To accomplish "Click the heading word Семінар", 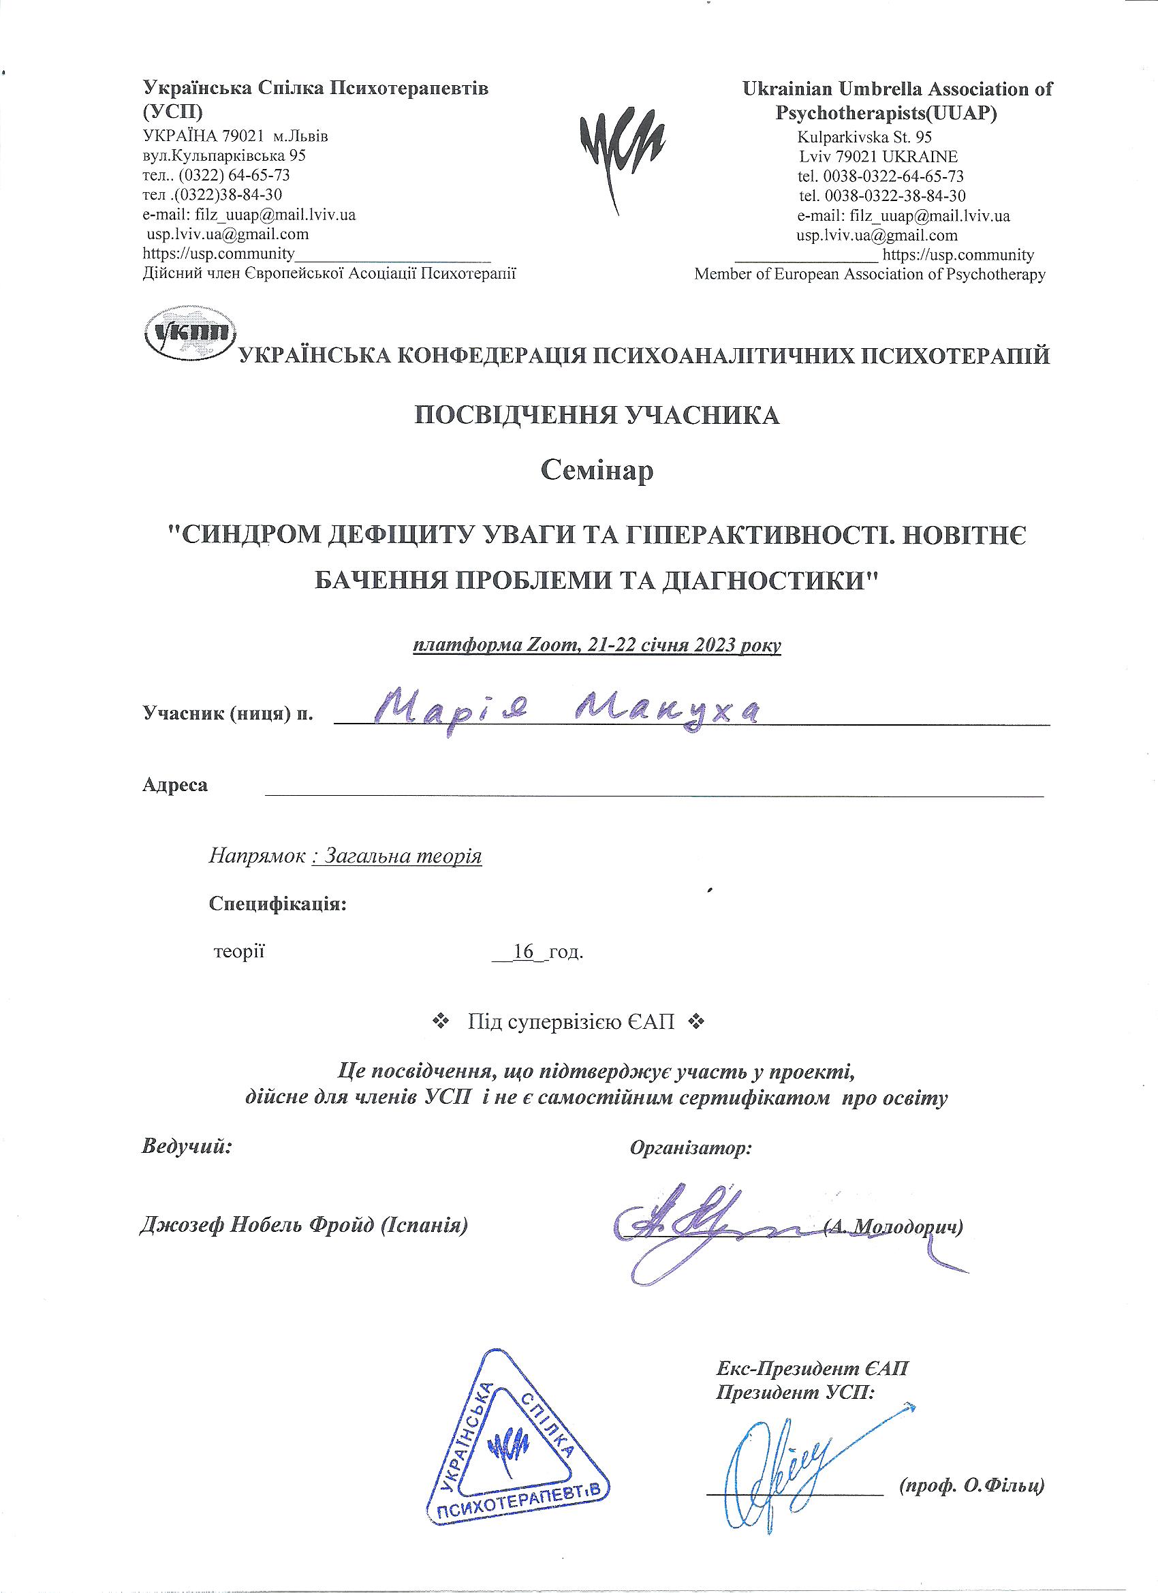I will pyautogui.click(x=597, y=470).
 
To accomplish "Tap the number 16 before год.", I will pyautogui.click(x=524, y=953).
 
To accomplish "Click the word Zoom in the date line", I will pyautogui.click(x=552, y=645).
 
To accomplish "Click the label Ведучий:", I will pyautogui.click(x=187, y=1146).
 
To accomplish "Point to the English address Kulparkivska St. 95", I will pyautogui.click(x=864, y=136).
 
